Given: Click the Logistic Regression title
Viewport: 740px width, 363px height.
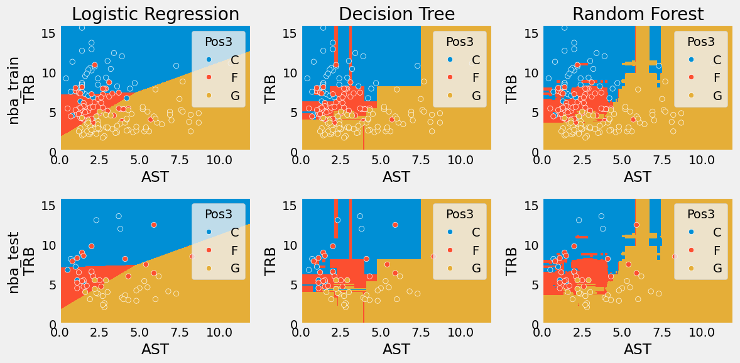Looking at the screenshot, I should coord(155,14).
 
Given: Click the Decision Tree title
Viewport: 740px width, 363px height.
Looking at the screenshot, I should coord(396,14).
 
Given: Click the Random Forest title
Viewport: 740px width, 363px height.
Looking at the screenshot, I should coord(638,14).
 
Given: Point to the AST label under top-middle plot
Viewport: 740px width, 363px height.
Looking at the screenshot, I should coord(396,177).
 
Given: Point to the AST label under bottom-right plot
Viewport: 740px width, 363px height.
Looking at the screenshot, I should coord(638,349).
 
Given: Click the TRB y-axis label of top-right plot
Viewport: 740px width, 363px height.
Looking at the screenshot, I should coord(512,89).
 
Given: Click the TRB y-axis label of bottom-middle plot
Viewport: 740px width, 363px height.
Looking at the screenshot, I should coord(271,261).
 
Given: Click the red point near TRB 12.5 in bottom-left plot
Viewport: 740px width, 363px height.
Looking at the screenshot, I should coord(153,225).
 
